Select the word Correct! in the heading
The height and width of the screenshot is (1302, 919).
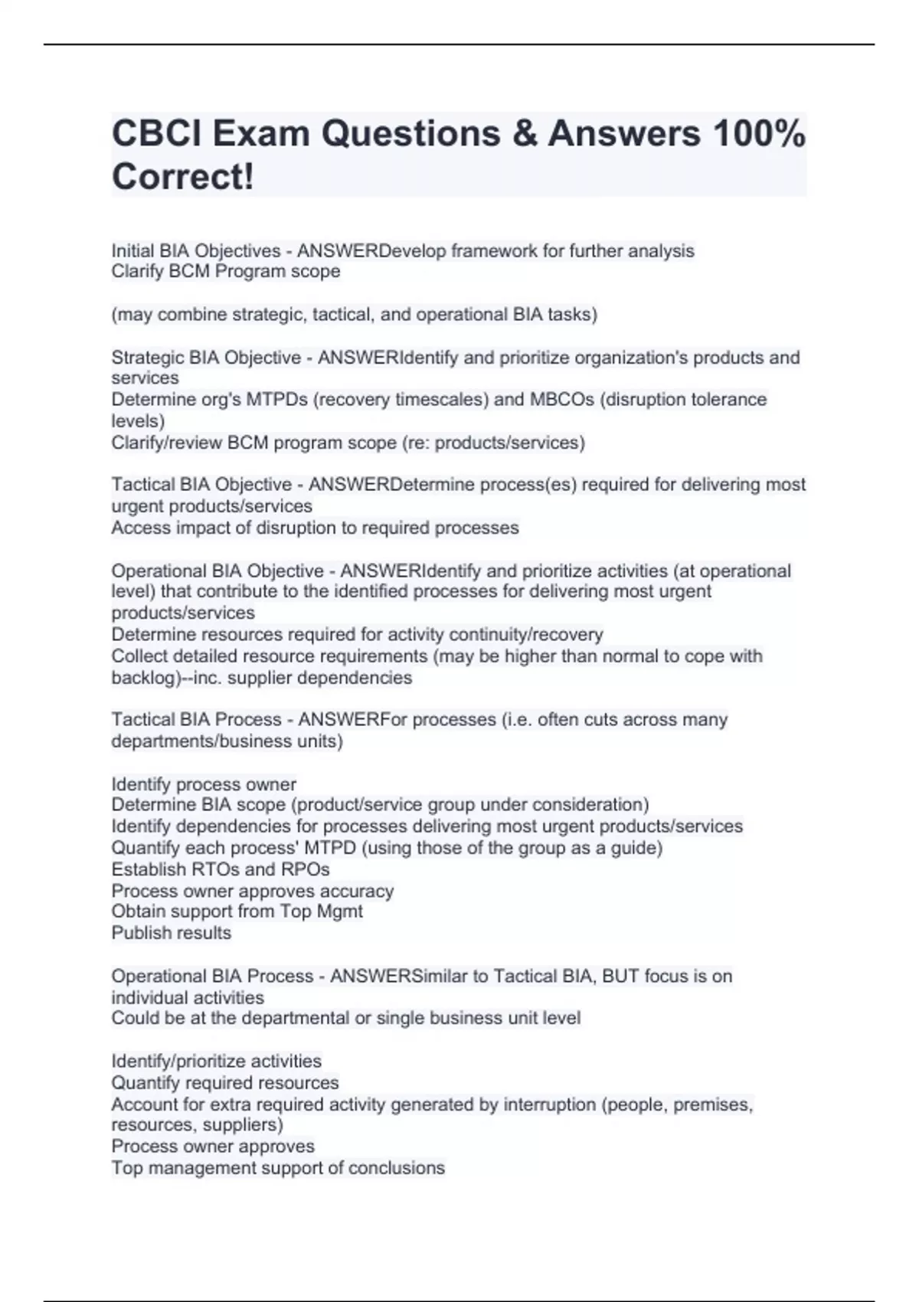pyautogui.click(x=182, y=177)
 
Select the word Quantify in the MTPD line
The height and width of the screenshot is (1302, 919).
pyautogui.click(x=144, y=848)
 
